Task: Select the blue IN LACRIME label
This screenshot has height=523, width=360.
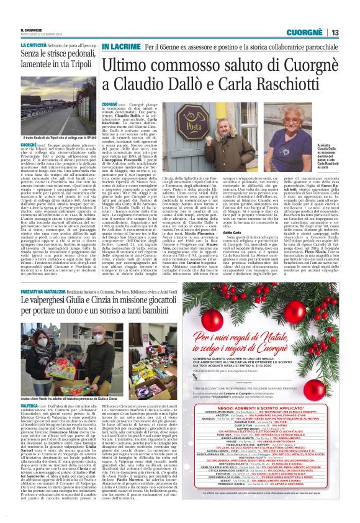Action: click(121, 47)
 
